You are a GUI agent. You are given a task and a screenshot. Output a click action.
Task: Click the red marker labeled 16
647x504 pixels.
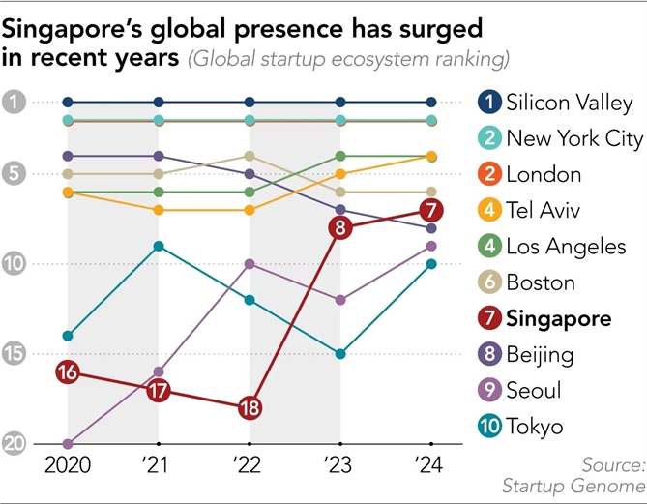67,371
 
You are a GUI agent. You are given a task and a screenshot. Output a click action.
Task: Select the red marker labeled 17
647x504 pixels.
159,391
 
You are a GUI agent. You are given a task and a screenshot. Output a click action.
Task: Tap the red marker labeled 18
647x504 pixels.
250,407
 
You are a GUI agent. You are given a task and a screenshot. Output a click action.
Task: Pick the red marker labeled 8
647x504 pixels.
340,228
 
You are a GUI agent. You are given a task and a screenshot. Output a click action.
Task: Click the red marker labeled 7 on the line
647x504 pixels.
431,210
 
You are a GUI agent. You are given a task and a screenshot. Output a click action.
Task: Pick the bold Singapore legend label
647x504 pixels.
558,318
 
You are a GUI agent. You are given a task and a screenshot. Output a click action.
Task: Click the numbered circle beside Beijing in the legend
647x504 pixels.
490,354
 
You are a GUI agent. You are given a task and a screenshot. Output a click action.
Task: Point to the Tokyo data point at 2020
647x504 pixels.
67,336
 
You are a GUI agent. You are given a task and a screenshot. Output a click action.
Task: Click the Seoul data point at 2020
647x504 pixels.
67,444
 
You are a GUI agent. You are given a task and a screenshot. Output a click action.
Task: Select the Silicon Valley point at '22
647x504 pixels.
250,102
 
